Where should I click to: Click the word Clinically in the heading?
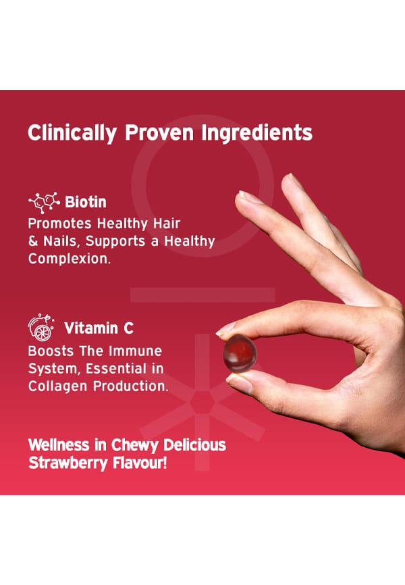(x=72, y=133)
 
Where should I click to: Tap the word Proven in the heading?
(x=159, y=132)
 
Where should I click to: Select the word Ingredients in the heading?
(x=257, y=133)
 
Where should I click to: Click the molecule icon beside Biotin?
(x=44, y=203)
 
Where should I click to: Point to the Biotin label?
(x=86, y=202)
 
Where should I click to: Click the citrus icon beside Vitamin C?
(x=41, y=328)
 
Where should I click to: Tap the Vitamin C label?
(x=99, y=328)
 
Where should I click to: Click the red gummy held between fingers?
(x=240, y=353)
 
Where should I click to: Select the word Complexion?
(x=70, y=259)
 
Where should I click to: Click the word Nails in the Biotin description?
(x=61, y=241)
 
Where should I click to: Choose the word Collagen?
(x=57, y=386)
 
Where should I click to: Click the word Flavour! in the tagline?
(x=140, y=463)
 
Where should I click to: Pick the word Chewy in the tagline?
(x=135, y=445)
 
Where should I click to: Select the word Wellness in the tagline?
(x=59, y=445)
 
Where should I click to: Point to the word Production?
(x=130, y=386)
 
